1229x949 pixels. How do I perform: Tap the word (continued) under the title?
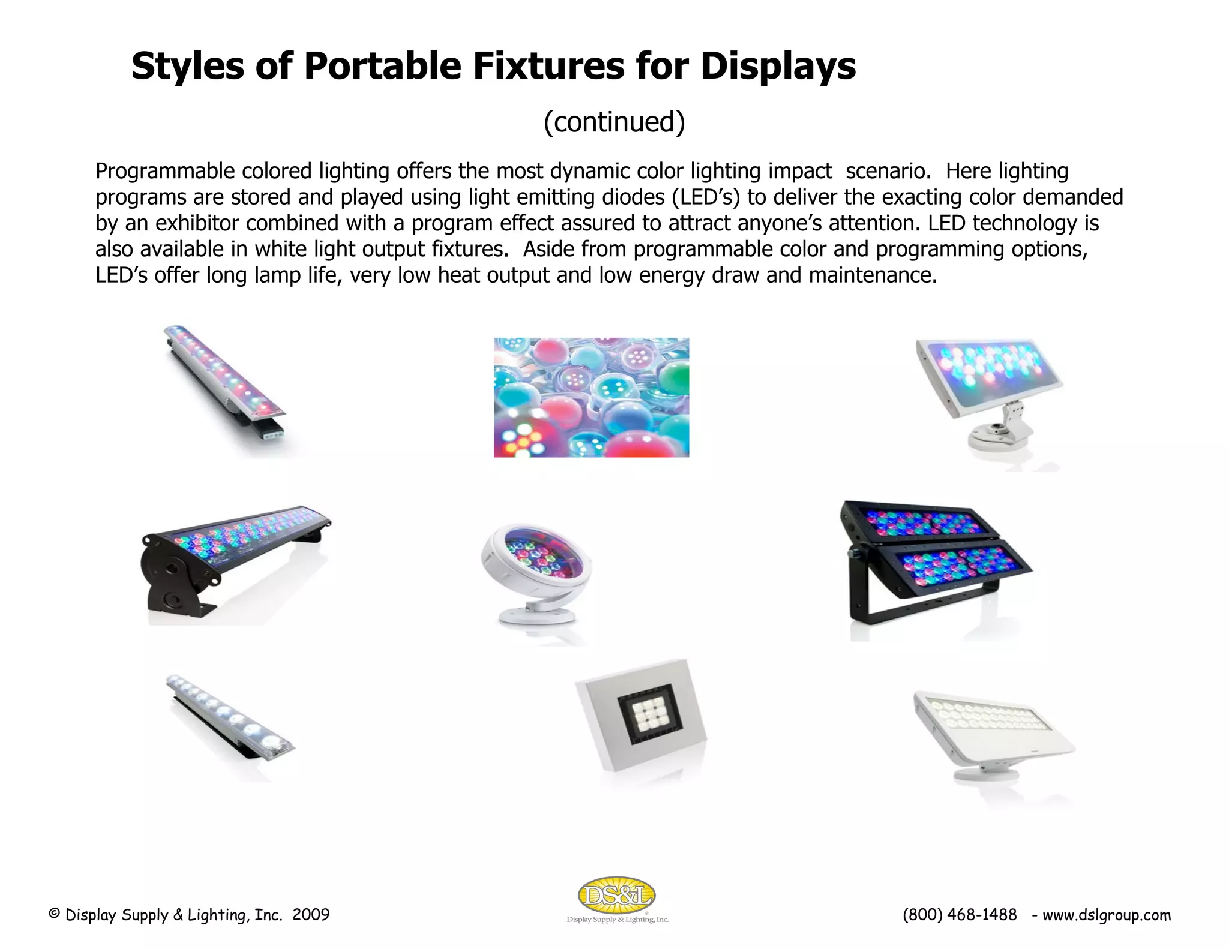coord(614,122)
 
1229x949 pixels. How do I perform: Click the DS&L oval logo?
coord(616,896)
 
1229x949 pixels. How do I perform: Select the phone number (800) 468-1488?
coord(960,915)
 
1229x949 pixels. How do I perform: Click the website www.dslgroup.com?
coord(1107,915)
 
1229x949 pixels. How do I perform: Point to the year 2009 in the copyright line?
coord(311,915)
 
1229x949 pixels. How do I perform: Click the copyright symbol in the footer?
coord(54,914)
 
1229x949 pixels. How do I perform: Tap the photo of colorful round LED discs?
coord(591,397)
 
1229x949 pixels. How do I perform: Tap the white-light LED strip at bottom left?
coord(230,717)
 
